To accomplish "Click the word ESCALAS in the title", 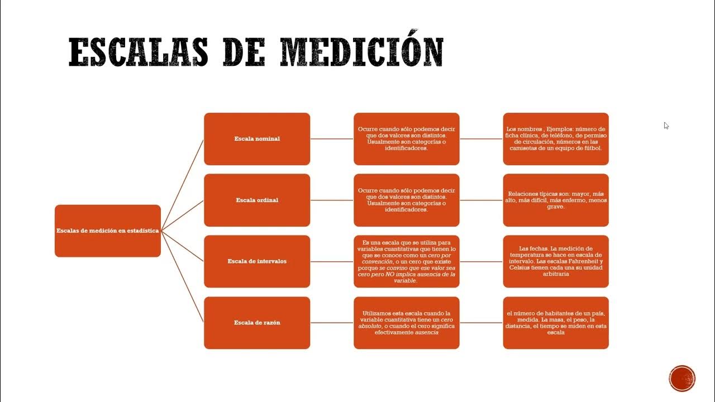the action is pyautogui.click(x=138, y=52).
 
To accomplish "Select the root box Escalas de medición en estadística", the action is pyautogui.click(x=108, y=231).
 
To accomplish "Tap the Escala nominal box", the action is pyautogui.click(x=257, y=139).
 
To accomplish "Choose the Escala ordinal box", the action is pyautogui.click(x=257, y=200).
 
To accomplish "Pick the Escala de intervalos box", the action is pyautogui.click(x=257, y=261).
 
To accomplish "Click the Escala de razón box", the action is pyautogui.click(x=257, y=323).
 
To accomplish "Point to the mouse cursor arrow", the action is pyautogui.click(x=666, y=126).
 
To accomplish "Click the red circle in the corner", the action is pyautogui.click(x=682, y=379).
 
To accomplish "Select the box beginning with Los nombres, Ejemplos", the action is pyautogui.click(x=556, y=139).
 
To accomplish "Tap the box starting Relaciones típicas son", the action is pyautogui.click(x=556, y=200).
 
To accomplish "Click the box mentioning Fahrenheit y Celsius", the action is pyautogui.click(x=556, y=261).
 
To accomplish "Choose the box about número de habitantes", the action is pyautogui.click(x=556, y=323).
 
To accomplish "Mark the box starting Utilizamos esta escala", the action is pyautogui.click(x=406, y=323).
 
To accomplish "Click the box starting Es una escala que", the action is pyautogui.click(x=406, y=261).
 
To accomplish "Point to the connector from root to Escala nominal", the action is pyautogui.click(x=182, y=185).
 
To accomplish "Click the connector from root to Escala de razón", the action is pyautogui.click(x=182, y=276).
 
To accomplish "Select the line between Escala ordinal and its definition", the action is pyautogui.click(x=332, y=200).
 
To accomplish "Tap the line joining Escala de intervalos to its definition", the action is pyautogui.click(x=332, y=262).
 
